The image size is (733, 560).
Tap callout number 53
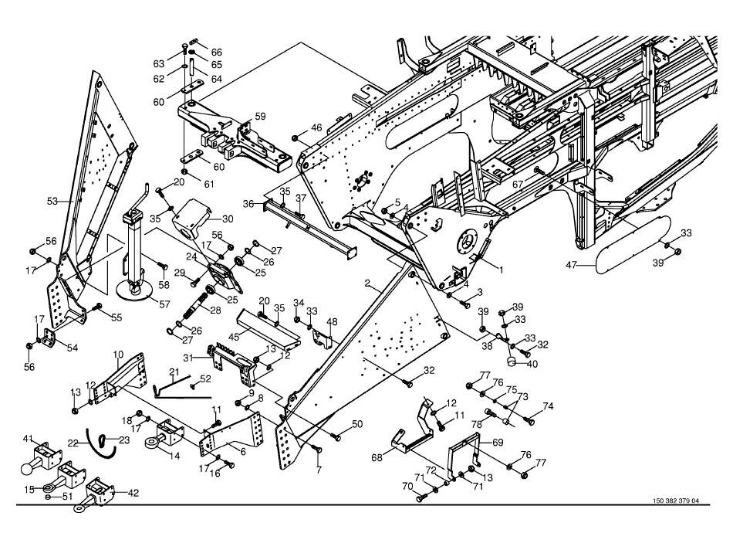52,202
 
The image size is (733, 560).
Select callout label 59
260,117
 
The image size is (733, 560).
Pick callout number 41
29,439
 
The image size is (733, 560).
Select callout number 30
228,218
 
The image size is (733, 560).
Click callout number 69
498,443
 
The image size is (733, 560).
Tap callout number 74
548,406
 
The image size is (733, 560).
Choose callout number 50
357,423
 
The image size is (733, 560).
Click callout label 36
248,204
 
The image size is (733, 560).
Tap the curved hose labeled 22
98,439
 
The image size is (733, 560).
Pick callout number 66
217,52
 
